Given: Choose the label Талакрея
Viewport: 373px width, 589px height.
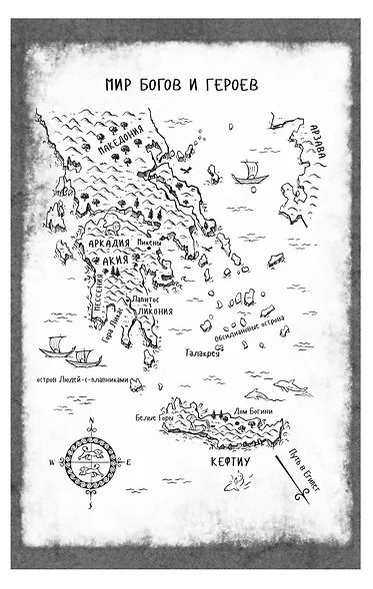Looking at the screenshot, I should (203, 352).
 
